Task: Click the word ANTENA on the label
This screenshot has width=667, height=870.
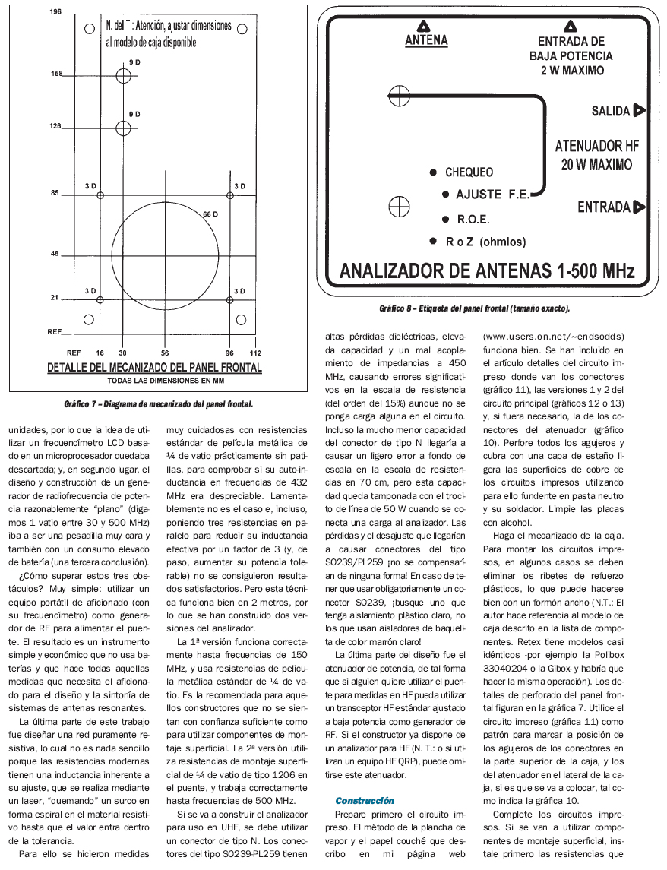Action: (x=426, y=40)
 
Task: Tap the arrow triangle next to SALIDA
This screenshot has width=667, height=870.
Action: (x=639, y=111)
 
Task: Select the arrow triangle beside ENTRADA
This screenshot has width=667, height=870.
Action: (x=639, y=207)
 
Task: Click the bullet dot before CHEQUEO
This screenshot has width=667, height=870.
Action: (x=432, y=172)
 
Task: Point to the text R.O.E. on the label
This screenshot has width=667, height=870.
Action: (x=473, y=220)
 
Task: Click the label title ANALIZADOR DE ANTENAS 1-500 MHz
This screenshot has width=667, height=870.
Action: (x=487, y=271)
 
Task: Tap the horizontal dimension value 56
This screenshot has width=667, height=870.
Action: (x=165, y=353)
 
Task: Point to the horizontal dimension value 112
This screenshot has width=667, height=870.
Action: (x=255, y=353)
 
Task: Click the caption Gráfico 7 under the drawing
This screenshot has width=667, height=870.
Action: (x=158, y=403)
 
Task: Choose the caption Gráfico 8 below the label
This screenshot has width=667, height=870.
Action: (x=474, y=308)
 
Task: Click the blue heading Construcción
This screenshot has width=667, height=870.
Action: (x=365, y=801)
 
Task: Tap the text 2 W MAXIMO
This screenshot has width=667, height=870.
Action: (x=574, y=71)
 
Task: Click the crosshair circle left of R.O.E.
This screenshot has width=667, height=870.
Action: (x=399, y=206)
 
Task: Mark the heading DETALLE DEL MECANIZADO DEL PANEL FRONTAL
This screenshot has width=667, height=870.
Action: (x=155, y=368)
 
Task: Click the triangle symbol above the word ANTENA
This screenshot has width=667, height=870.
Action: (x=426, y=24)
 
